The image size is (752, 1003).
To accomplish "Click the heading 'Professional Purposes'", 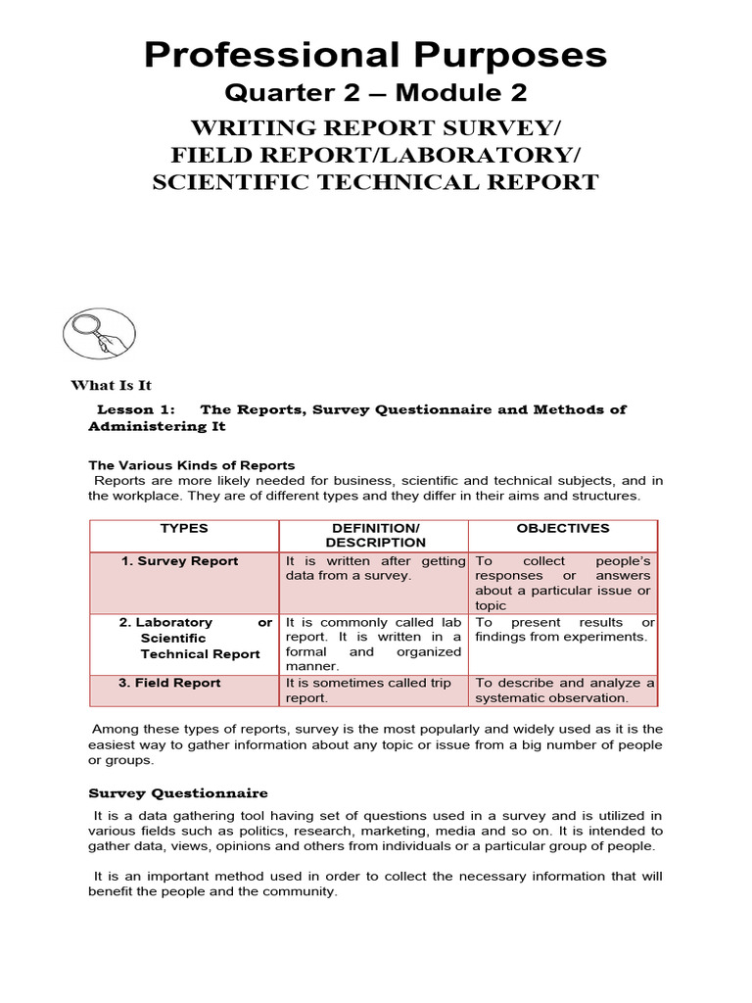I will click(x=376, y=55).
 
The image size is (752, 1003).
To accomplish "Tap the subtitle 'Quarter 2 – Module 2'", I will click(x=376, y=93).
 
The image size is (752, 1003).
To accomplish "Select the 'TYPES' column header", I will click(x=184, y=528).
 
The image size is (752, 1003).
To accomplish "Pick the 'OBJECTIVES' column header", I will click(x=563, y=528).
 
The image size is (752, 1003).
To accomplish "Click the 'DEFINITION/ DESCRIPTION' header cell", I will click(x=375, y=535).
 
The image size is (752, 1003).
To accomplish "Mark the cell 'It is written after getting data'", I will click(x=375, y=569).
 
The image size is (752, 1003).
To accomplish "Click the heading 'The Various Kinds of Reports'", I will click(x=192, y=465).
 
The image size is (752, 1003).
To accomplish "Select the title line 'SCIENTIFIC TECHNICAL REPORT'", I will click(x=375, y=182).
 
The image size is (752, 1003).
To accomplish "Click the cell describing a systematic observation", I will click(x=565, y=691).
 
